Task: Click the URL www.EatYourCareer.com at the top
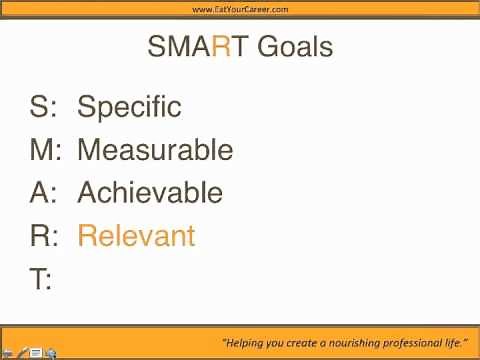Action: (x=240, y=9)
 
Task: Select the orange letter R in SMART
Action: (x=224, y=47)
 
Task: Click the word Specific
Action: (x=129, y=107)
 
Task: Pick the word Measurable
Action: (x=155, y=150)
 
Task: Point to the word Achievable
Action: (x=150, y=193)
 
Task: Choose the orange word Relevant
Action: (x=136, y=236)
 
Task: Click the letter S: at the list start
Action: (x=45, y=107)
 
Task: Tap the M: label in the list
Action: (x=47, y=150)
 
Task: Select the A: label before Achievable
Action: (x=45, y=193)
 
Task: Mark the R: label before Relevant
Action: (x=46, y=236)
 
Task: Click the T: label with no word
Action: (x=41, y=280)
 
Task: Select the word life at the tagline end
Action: (x=457, y=342)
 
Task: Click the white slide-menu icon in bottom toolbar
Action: (x=36, y=352)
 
